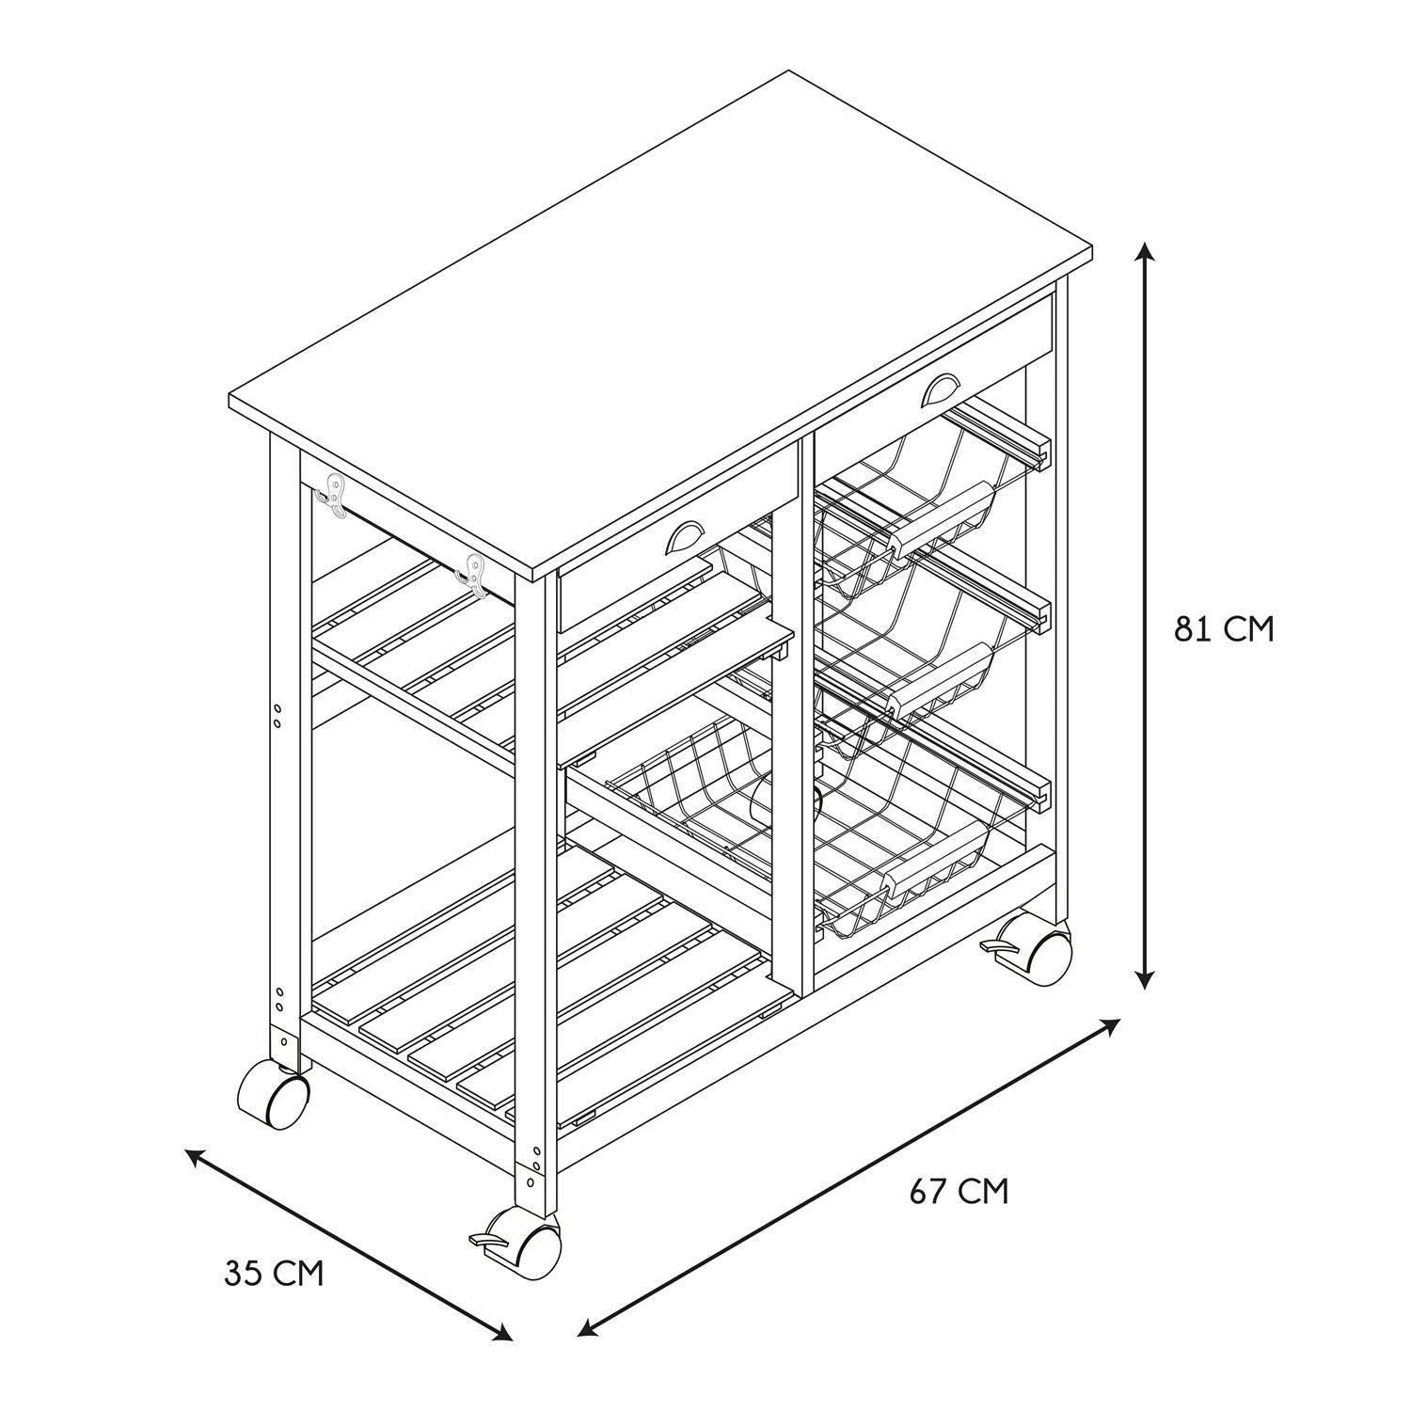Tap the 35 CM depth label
click(x=274, y=1274)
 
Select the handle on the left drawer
click(x=690, y=538)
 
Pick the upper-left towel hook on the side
click(x=334, y=495)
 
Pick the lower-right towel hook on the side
click(x=473, y=575)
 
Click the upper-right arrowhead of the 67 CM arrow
click(x=1111, y=1026)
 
